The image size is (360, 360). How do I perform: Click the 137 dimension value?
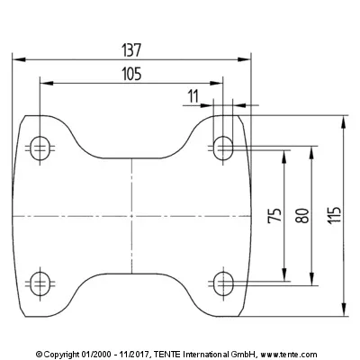pos(131,50)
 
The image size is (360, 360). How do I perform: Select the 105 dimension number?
pos(131,74)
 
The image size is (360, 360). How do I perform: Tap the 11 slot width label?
pos(193,96)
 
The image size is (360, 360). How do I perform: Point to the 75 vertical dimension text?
pos(274,215)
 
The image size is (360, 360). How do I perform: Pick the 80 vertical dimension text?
pos(302,215)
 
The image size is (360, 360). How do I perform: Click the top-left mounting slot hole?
pos(40,148)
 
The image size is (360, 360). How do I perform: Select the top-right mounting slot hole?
pos(223,148)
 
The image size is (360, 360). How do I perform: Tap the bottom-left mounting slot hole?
pos(40,283)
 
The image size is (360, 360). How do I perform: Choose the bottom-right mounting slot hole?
pos(223,283)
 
